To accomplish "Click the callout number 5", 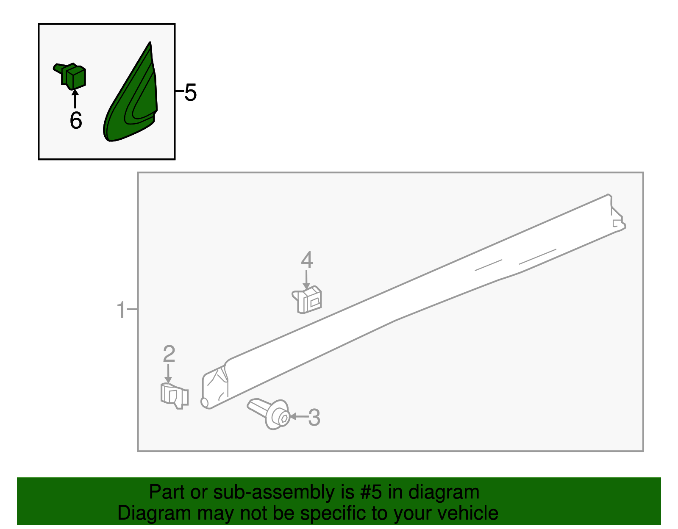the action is pos(190,93).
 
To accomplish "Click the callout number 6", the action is pos(76,120).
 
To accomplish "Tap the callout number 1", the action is pos(121,310).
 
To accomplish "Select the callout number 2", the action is pos(169,354).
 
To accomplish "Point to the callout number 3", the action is pos(314,418).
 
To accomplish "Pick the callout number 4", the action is pos(307,260).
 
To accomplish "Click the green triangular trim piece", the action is pos(131,91).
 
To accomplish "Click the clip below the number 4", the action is pos(307,299).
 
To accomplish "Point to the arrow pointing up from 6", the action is pos(75,99).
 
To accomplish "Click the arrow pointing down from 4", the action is pos(306,280).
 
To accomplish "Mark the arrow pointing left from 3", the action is pos(299,416).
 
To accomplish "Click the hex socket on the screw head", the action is pos(284,418).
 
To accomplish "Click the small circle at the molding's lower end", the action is pos(204,402).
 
